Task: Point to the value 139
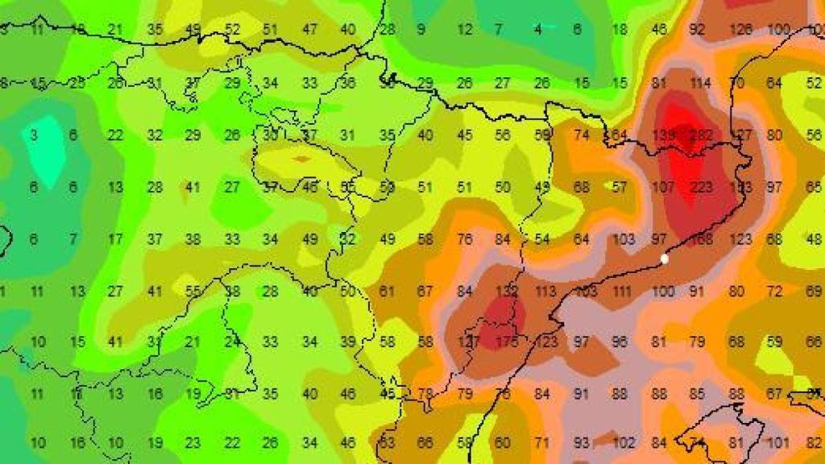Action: click(x=663, y=135)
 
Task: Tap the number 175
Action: click(x=506, y=342)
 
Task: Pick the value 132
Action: click(x=506, y=291)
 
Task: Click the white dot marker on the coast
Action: click(x=664, y=259)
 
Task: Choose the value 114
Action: click(x=699, y=83)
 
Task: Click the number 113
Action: click(x=545, y=291)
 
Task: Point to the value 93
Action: click(x=581, y=442)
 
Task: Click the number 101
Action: click(x=777, y=442)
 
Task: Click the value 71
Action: click(x=542, y=442)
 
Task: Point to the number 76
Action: click(x=464, y=238)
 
